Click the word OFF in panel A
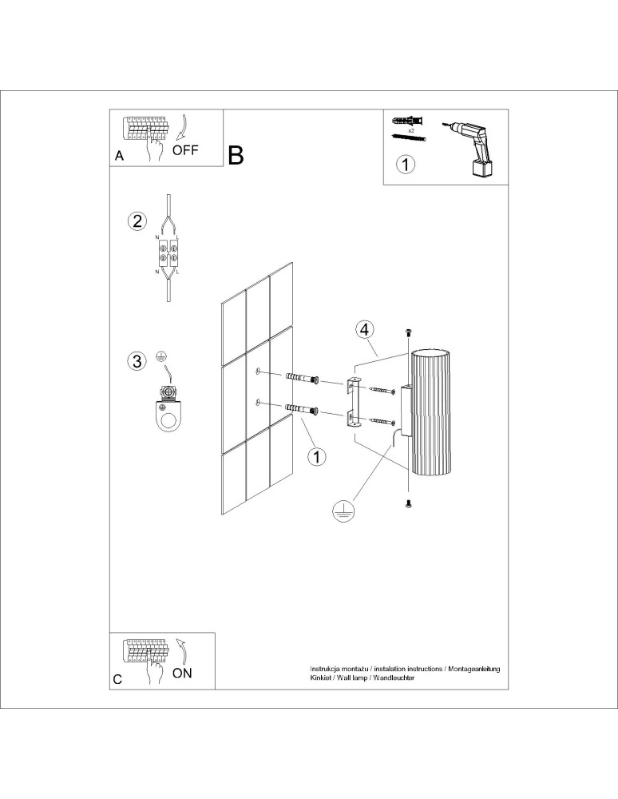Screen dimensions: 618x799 (x=185, y=150)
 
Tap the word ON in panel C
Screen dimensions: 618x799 (x=182, y=673)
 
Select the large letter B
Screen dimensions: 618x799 (x=236, y=155)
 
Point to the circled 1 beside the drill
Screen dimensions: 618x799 (x=406, y=165)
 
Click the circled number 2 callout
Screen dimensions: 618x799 (x=137, y=221)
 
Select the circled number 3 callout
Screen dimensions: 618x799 (x=137, y=361)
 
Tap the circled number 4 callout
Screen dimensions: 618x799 (x=364, y=330)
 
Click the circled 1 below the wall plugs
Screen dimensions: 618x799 (x=317, y=457)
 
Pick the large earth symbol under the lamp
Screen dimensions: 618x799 (x=342, y=511)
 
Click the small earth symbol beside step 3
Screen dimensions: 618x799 (x=160, y=357)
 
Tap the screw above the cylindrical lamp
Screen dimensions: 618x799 (x=408, y=332)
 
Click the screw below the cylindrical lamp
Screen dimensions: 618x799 (x=408, y=503)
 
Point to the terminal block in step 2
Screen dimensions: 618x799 (x=168, y=252)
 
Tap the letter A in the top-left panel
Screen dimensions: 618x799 (x=119, y=156)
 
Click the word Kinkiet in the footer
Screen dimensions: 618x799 (x=319, y=678)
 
